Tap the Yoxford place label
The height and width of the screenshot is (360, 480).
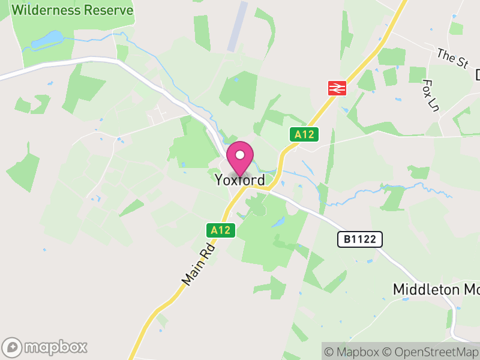tap(240, 180)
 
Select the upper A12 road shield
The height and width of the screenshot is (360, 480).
tap(304, 135)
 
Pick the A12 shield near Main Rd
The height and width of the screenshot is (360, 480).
tap(221, 230)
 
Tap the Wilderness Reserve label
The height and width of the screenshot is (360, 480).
tap(72, 10)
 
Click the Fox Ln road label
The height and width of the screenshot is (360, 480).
tap(430, 95)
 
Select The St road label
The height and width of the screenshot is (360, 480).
tap(452, 59)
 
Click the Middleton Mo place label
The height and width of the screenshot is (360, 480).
tap(436, 289)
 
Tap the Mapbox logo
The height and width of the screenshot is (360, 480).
tap(46, 347)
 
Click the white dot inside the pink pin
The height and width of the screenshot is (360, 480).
tap(240, 155)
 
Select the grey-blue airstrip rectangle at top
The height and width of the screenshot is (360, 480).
tap(237, 26)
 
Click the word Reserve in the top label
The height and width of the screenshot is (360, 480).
tap(109, 10)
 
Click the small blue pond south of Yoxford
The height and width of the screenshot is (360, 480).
tap(278, 222)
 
